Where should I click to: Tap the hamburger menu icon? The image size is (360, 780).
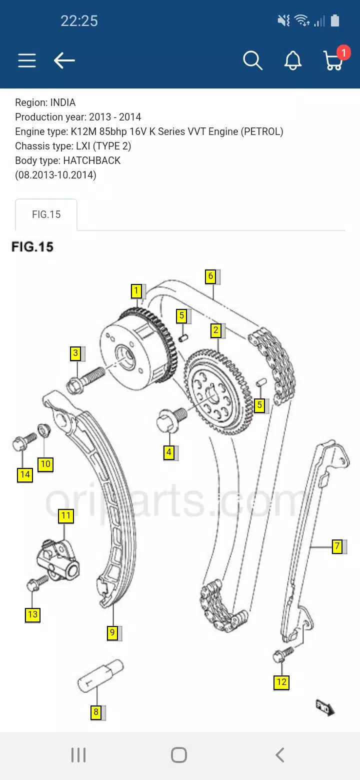click(x=27, y=60)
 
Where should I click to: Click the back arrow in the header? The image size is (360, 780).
click(x=64, y=60)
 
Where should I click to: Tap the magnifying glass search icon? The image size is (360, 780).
click(x=252, y=60)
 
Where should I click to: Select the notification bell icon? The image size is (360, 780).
click(x=293, y=60)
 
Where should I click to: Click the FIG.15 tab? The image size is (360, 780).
click(x=46, y=215)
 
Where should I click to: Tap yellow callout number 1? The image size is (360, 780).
click(x=136, y=290)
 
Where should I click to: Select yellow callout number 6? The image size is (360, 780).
click(x=210, y=276)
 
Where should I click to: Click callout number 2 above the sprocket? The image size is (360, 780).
click(x=216, y=330)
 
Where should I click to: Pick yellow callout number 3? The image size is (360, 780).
click(x=75, y=353)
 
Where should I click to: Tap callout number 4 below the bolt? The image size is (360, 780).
click(x=169, y=453)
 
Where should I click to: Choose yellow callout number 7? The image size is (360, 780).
click(x=337, y=546)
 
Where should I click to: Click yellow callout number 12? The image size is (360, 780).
click(x=281, y=682)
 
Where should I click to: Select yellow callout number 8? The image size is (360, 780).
click(x=96, y=712)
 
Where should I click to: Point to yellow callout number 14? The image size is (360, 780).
click(x=25, y=474)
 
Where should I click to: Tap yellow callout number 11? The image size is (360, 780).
click(x=66, y=515)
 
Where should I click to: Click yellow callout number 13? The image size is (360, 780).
click(x=32, y=614)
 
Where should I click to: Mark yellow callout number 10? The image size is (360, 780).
click(x=45, y=464)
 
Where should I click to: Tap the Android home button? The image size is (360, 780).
click(x=179, y=755)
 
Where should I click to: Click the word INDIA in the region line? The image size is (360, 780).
click(x=62, y=102)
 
